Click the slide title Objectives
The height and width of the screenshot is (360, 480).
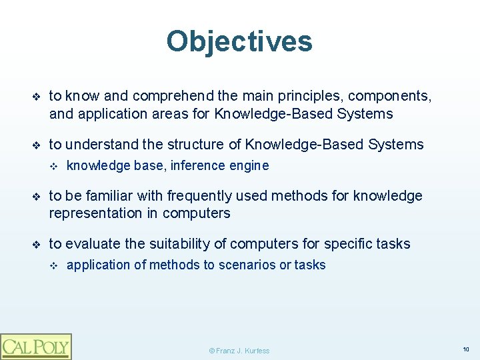(239, 41)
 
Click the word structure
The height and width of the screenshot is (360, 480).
(197, 145)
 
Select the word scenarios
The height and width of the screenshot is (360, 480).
(245, 265)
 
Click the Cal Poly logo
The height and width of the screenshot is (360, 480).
(36, 346)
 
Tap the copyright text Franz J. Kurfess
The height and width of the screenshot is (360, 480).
(239, 351)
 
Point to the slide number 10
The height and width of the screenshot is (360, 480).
(465, 349)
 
